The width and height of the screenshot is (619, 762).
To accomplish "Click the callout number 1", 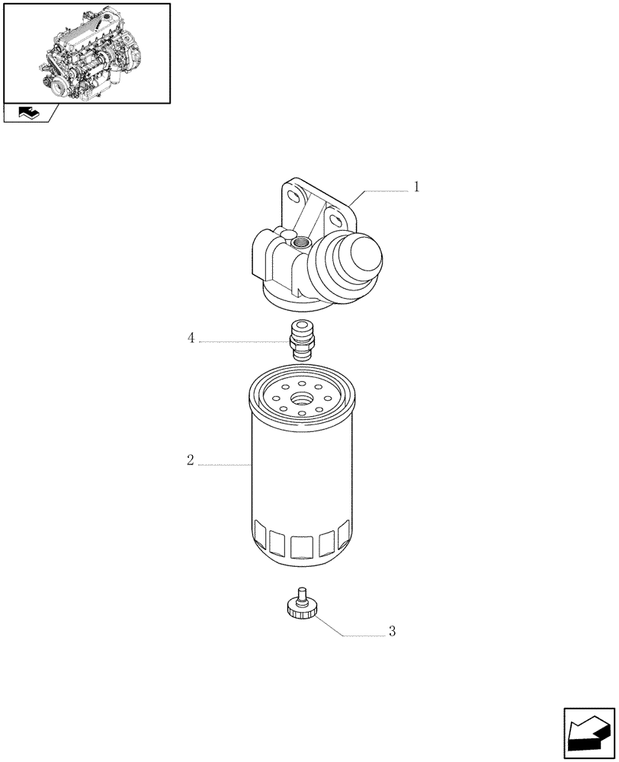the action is coord(417,187).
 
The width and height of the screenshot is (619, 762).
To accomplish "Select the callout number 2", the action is coord(190,460).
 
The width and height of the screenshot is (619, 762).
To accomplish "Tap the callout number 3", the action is coord(392,631).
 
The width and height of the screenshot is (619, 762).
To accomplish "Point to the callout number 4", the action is coord(191,338).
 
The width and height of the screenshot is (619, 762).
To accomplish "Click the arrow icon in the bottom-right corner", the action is coord(589,733).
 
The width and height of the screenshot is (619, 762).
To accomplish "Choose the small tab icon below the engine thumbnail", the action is coord(30,114).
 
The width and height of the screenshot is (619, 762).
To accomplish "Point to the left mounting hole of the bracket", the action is coord(292,198).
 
